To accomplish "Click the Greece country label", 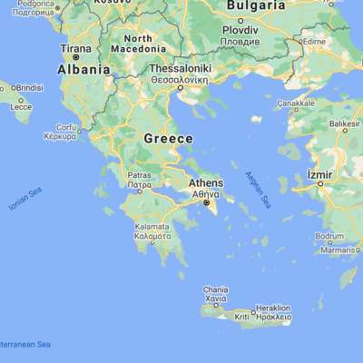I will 168,139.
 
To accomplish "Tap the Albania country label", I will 84,69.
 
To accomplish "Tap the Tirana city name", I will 75,48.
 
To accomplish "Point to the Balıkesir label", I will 346,123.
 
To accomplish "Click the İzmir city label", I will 323,173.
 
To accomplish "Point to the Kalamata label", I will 152,226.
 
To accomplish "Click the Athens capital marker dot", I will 209,203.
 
